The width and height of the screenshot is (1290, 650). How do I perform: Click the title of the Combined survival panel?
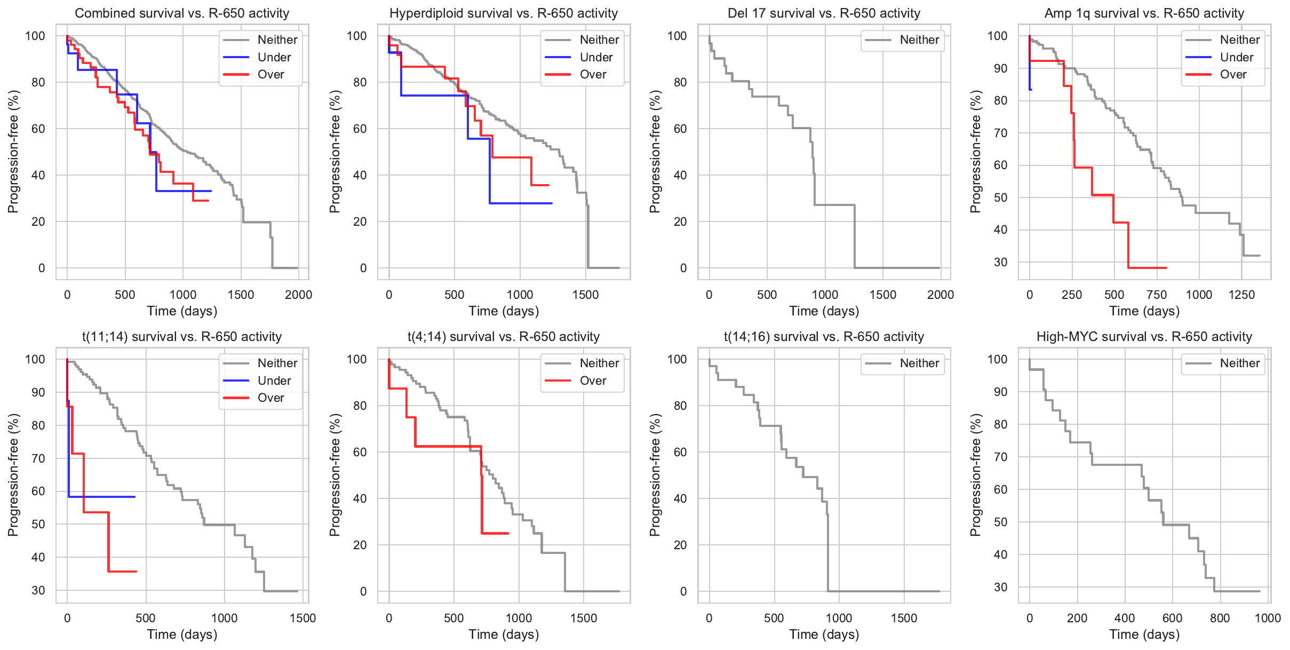(182, 13)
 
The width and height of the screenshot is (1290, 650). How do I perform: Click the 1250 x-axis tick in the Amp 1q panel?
(1241, 295)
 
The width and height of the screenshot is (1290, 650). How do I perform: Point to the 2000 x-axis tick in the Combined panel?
(298, 295)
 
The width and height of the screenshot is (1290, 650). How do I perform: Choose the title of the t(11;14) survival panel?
(182, 337)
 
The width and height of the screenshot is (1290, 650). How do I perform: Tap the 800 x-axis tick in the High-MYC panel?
(1220, 618)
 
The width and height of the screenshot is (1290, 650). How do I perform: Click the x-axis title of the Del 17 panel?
(824, 311)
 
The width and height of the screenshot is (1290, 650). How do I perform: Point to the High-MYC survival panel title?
(1144, 337)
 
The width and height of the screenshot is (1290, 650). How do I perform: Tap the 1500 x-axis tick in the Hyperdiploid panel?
(585, 295)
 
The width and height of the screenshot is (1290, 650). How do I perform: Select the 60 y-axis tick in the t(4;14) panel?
(361, 452)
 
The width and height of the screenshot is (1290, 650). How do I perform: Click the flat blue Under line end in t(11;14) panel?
(134, 497)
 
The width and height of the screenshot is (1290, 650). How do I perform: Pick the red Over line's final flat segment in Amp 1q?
(1147, 268)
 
